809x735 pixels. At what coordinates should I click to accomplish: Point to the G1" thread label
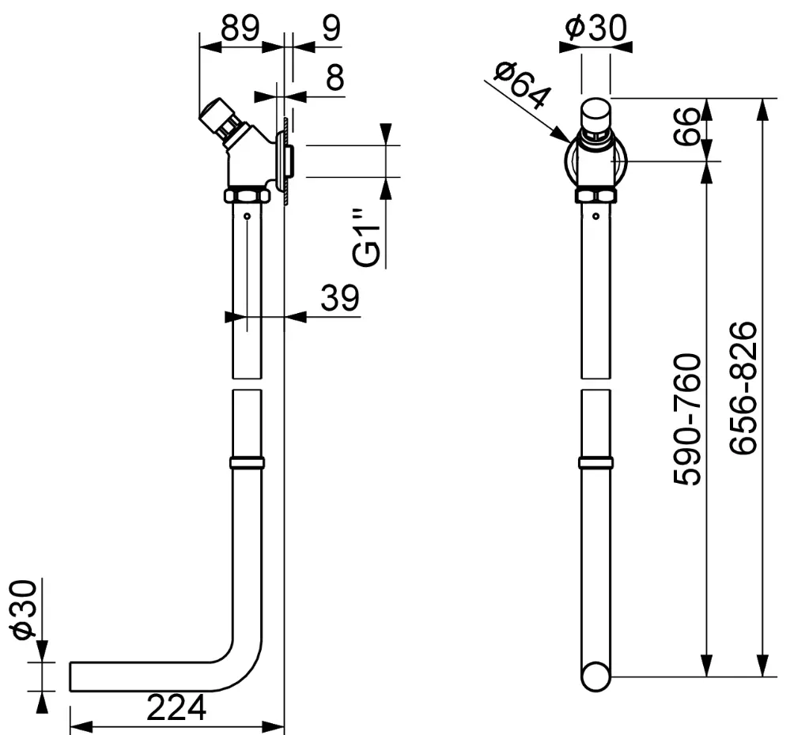click(x=367, y=238)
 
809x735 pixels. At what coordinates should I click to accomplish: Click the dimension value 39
click(x=339, y=298)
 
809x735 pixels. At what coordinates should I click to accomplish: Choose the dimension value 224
click(x=176, y=707)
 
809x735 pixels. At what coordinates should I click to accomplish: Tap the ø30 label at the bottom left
click(x=25, y=609)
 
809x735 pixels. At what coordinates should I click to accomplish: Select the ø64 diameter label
click(x=522, y=85)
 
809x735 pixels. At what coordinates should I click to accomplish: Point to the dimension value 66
click(x=687, y=127)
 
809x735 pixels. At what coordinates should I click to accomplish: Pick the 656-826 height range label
click(x=743, y=388)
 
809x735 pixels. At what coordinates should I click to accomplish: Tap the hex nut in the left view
click(x=248, y=195)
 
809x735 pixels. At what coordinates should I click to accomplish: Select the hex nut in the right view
click(x=596, y=195)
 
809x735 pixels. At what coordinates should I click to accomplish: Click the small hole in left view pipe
click(x=248, y=216)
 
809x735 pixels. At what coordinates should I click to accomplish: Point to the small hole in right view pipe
click(x=596, y=216)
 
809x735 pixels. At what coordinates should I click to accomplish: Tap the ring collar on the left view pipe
click(x=248, y=462)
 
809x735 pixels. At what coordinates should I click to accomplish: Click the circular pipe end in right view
click(x=596, y=677)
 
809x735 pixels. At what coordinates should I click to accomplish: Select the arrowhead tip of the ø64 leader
click(x=570, y=141)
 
